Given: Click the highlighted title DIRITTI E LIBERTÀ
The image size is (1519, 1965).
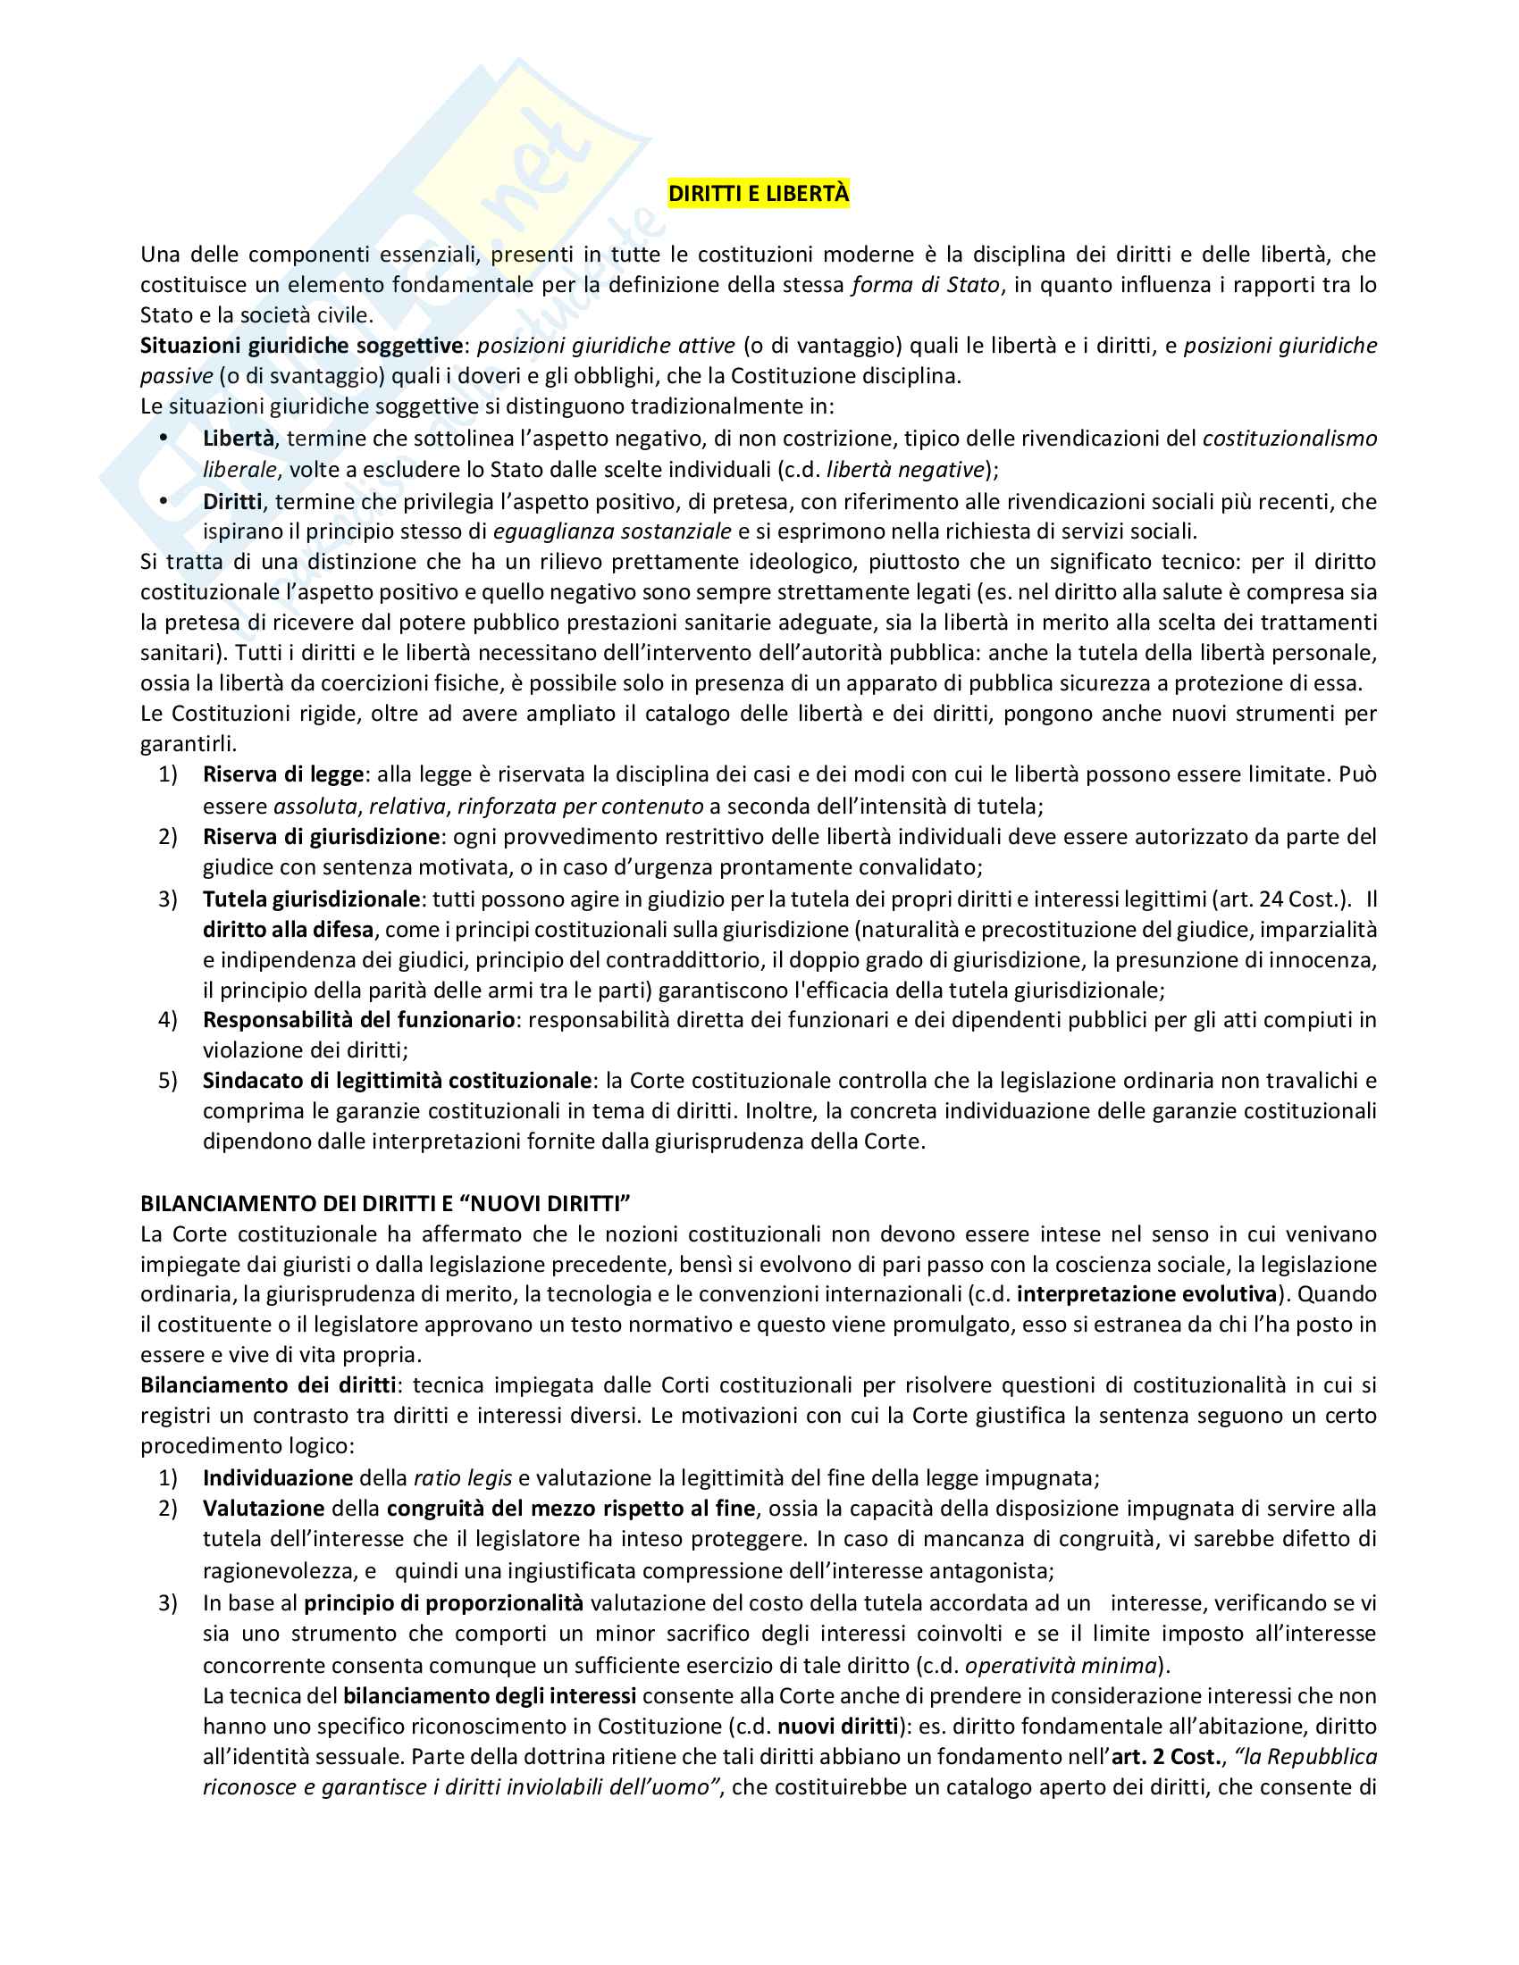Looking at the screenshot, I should (758, 194).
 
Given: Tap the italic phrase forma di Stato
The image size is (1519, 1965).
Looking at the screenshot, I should (925, 285).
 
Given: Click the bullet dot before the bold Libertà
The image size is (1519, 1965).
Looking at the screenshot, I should (164, 438).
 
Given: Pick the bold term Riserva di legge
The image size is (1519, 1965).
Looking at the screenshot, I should (282, 773).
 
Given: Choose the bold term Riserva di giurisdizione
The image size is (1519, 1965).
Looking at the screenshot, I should (321, 837).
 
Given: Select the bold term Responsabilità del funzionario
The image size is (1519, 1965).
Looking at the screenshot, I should (358, 1019).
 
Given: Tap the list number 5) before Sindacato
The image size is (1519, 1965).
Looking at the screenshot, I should (168, 1081).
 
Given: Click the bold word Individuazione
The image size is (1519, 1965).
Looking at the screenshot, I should (277, 1477).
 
